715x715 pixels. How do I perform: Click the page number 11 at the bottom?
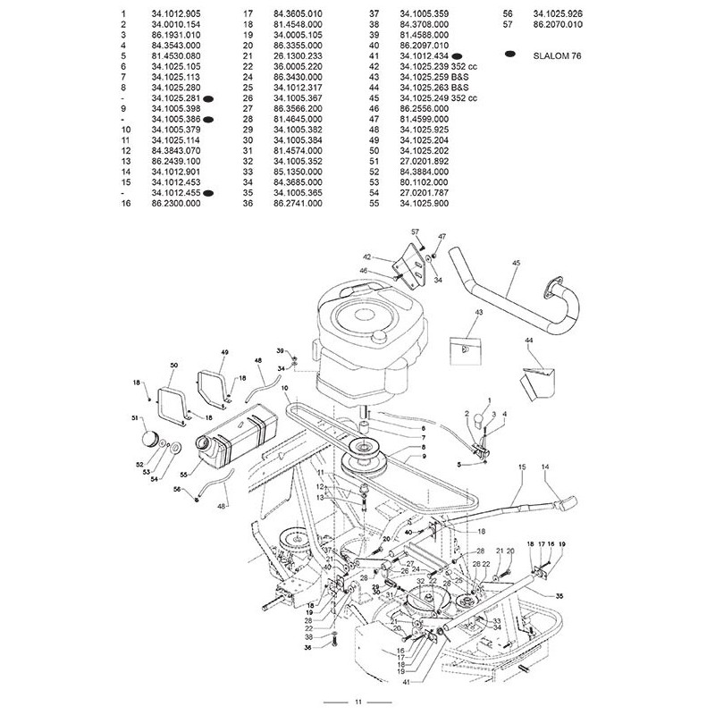click(x=357, y=700)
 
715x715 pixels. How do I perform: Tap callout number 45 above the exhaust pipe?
click(x=516, y=263)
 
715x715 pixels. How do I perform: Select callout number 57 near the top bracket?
click(x=415, y=232)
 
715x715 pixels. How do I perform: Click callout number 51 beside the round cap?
click(x=135, y=418)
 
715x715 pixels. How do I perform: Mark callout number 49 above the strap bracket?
click(x=199, y=352)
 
